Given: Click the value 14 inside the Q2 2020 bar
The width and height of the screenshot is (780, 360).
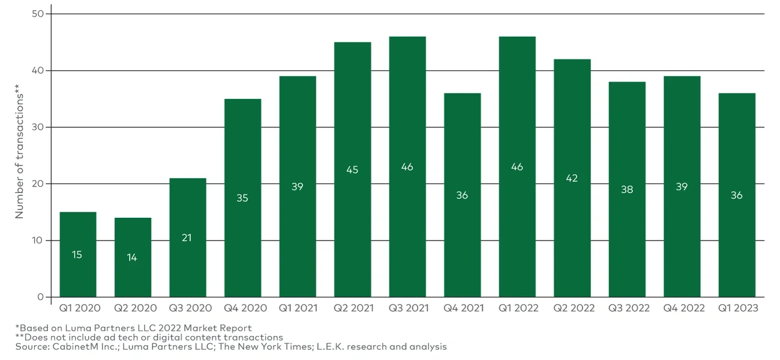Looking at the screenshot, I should pos(132,257).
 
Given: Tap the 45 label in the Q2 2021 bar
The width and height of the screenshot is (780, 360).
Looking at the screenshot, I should pos(352,170).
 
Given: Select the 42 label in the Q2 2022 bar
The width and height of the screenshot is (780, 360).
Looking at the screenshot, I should pos(572,178).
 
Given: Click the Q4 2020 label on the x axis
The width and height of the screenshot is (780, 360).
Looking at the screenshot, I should pos(242,308).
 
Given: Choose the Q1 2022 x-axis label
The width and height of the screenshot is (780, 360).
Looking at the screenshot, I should pos(517,308).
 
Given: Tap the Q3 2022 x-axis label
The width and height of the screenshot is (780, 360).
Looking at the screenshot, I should pos(627,308).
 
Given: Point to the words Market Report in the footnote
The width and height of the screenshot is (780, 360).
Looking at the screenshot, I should pos(221,328).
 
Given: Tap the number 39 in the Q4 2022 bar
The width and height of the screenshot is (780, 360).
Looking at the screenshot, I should pos(682,187).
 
